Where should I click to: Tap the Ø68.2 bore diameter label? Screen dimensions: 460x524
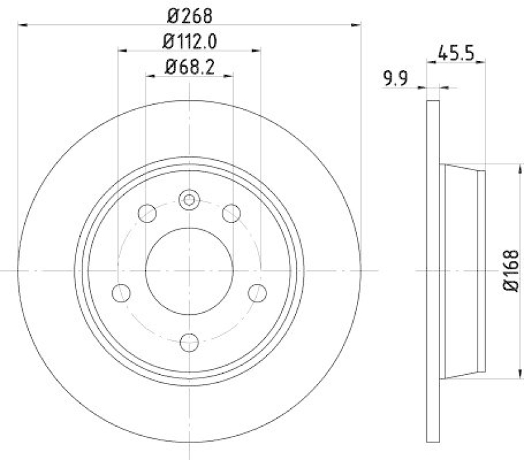pyautogui.click(x=189, y=66)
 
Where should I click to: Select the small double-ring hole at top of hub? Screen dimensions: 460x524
pyautogui.click(x=189, y=200)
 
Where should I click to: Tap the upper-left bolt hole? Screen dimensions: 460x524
pyautogui.click(x=148, y=213)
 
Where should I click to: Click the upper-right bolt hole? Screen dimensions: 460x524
pyautogui.click(x=231, y=213)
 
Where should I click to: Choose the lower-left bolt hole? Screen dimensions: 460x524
pyautogui.click(x=121, y=292)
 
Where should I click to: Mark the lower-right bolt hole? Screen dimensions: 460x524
pyautogui.click(x=258, y=292)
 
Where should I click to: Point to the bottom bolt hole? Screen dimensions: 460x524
pyautogui.click(x=189, y=341)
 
